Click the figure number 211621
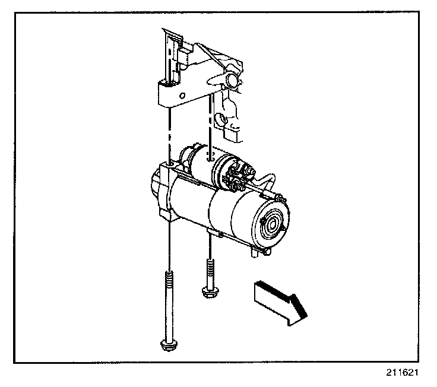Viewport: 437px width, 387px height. (401, 375)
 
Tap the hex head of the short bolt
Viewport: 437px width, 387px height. (208, 291)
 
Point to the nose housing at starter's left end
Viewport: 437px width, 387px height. (156, 184)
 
